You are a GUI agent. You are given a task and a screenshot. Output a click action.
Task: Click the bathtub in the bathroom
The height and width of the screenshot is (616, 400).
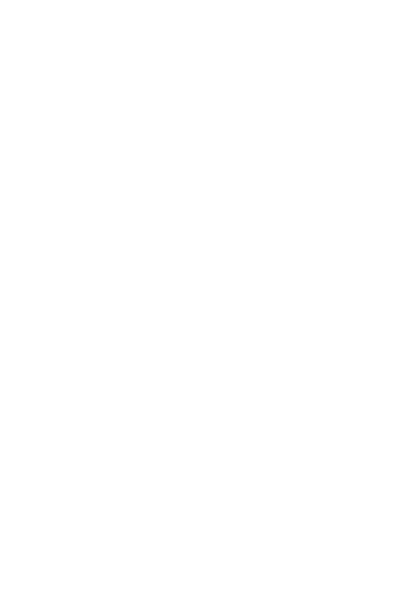coord(87,81)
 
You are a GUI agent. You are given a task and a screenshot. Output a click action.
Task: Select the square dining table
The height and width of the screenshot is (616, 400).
coord(150,375)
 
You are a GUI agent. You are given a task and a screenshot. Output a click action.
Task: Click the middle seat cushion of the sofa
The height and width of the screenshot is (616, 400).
coord(334,468)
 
